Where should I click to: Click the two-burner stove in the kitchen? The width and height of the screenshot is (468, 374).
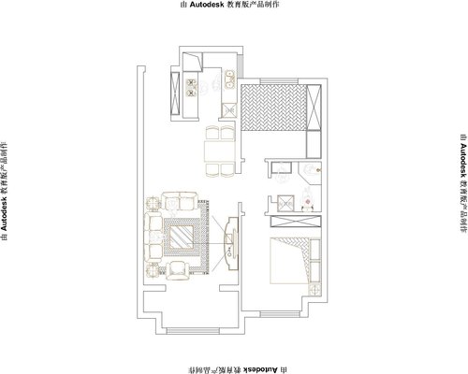tap(191, 88)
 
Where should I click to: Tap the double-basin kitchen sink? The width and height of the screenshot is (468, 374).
tap(230, 79)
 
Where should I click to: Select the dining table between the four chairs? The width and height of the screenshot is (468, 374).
tap(220, 151)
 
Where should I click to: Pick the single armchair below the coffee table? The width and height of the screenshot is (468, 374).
tap(178, 270)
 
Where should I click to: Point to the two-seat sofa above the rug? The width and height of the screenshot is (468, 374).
tap(180, 201)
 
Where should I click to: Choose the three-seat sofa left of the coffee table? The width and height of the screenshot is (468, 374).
tap(153, 237)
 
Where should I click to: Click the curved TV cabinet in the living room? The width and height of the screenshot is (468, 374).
tap(231, 243)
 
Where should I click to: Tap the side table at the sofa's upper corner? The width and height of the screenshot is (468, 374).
tap(153, 203)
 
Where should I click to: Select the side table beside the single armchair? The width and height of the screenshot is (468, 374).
tap(153, 269)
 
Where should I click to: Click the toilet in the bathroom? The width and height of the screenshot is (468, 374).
tap(308, 200)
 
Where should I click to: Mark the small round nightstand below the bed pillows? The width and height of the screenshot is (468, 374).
tap(314, 290)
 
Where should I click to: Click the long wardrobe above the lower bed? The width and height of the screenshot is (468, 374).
tap(296, 221)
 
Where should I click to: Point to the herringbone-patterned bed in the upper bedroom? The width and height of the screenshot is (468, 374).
tap(273, 108)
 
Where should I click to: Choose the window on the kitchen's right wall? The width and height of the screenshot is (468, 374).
tap(240, 65)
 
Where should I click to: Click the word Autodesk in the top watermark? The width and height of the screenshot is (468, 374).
tap(206, 5)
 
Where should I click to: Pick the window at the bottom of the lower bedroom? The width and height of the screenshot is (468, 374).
tap(280, 314)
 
